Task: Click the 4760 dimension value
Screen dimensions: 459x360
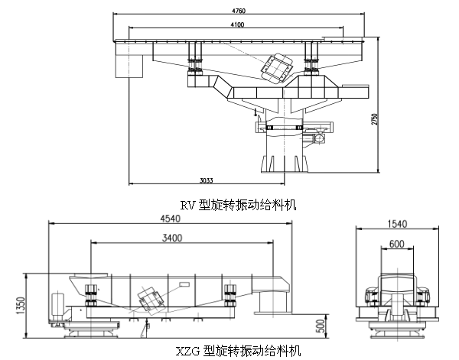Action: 239,11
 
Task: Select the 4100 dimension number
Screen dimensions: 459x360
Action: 237,24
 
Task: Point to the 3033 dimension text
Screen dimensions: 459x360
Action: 207,180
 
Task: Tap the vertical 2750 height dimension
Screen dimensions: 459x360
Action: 375,119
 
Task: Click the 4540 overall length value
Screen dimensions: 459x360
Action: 171,219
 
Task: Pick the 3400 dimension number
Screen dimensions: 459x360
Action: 172,238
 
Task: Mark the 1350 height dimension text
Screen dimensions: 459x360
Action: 21,306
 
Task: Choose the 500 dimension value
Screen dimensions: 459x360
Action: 321,326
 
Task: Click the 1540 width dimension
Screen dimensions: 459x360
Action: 397,224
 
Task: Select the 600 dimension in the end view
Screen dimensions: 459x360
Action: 397,244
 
